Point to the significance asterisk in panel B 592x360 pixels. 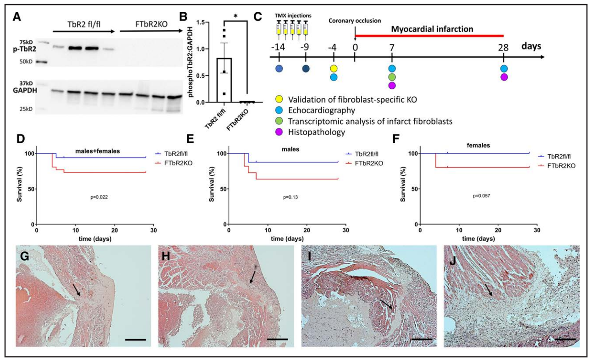(235, 16)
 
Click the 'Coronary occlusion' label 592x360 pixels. (355, 21)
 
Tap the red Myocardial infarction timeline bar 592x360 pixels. (429, 35)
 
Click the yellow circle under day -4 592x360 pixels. (334, 68)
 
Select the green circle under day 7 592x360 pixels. (392, 77)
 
